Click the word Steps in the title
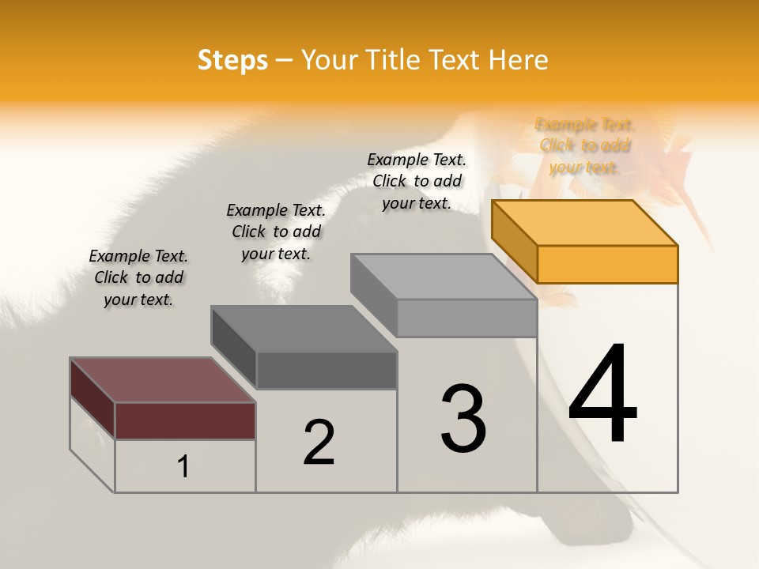point(232,60)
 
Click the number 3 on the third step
point(463,418)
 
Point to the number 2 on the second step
point(319,442)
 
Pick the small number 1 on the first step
point(183,467)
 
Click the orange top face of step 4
point(585,222)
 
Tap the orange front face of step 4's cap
point(607,264)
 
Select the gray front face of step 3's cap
point(466,318)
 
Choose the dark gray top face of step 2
point(304,329)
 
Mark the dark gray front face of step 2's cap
point(327,370)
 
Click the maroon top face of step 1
point(163,380)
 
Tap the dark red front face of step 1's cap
point(185,420)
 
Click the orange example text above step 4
point(585,145)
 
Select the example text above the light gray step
point(417,181)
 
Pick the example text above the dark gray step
point(276,232)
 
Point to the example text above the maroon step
point(138,277)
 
